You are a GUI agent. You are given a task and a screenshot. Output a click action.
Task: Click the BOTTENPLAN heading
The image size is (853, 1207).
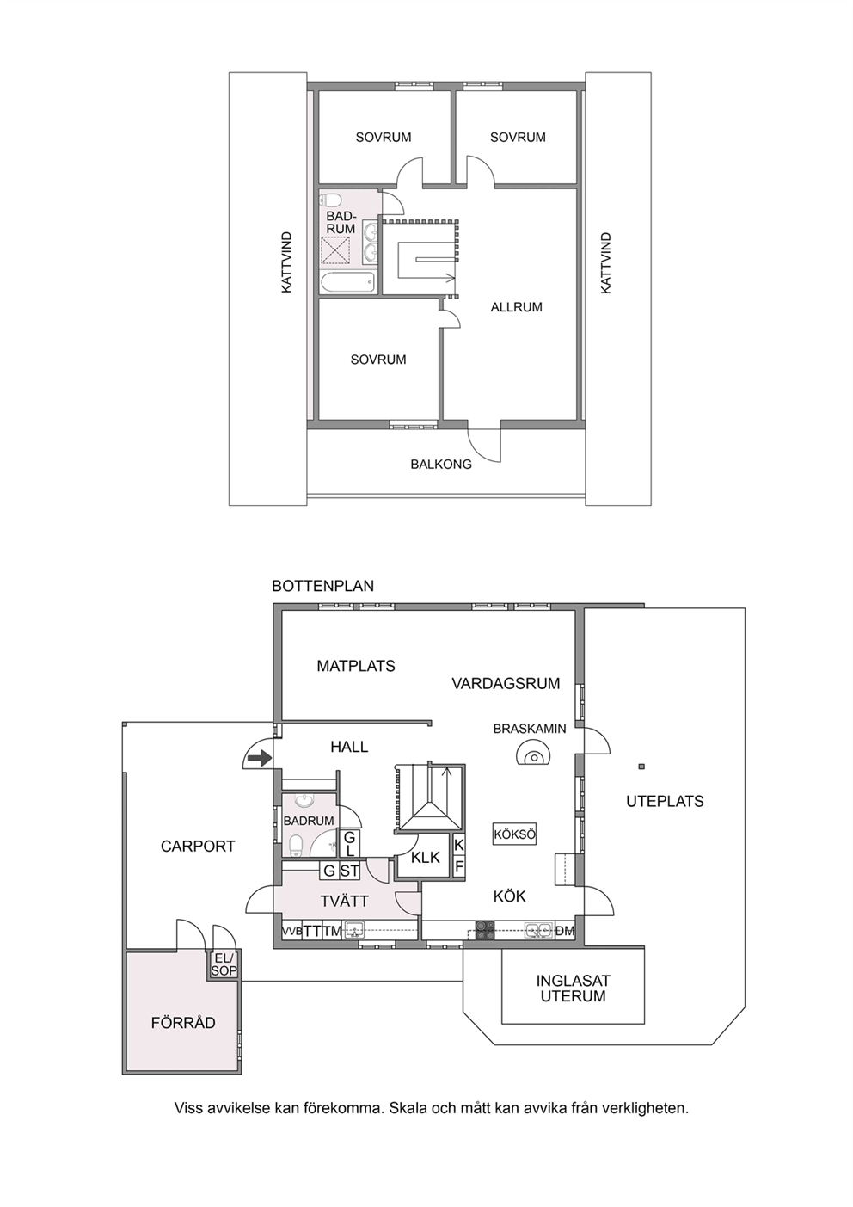(322, 586)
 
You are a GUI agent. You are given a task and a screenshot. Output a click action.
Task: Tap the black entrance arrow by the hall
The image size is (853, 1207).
(260, 759)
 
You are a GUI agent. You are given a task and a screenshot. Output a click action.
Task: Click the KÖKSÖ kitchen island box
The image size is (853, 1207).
(515, 834)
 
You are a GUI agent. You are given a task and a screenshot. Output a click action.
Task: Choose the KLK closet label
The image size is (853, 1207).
(426, 857)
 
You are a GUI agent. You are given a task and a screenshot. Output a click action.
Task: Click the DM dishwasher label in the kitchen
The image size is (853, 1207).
(565, 930)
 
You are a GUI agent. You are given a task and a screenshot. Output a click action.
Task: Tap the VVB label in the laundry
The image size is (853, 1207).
(291, 931)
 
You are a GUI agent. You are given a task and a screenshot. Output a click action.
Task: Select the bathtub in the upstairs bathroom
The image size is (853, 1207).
(347, 282)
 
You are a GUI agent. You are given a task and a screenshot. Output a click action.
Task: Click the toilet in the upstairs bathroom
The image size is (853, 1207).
(330, 200)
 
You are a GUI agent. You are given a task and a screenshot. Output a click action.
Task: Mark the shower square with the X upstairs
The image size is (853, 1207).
(335, 250)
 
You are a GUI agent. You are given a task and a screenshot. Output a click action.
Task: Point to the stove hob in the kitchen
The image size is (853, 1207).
(485, 931)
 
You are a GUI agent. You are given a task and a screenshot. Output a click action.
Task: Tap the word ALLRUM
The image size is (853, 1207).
(517, 307)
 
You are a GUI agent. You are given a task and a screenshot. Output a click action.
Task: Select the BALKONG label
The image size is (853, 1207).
(441, 464)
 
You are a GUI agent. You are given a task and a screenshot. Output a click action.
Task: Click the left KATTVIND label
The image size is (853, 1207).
(287, 262)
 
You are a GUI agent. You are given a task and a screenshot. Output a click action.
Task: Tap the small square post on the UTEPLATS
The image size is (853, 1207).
(641, 767)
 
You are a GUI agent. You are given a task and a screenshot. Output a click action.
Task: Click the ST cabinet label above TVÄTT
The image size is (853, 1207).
(349, 871)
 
